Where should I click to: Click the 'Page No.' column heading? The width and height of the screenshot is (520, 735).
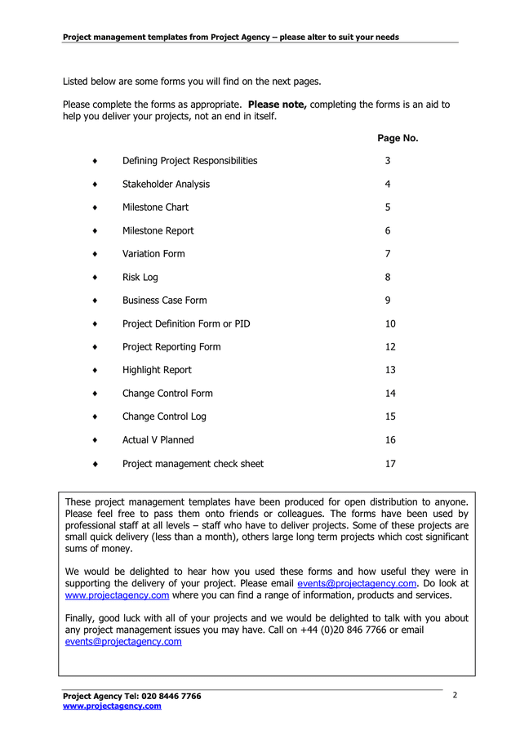coord(398,138)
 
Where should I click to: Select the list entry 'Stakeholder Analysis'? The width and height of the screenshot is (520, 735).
coord(166,185)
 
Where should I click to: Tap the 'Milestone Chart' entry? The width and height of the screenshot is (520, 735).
coord(155,207)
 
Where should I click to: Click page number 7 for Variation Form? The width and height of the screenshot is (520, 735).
coord(388,254)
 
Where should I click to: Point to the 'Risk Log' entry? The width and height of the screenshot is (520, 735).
coord(140,278)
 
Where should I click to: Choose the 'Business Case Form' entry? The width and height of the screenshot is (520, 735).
coord(164,301)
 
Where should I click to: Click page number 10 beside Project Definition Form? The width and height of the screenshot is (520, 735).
coord(390,324)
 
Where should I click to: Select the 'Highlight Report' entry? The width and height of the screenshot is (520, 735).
coord(157,370)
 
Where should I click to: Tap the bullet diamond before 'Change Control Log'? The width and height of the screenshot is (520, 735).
coord(96,417)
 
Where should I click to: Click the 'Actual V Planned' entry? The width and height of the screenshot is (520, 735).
coord(158,440)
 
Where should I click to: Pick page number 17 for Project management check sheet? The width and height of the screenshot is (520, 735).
coord(390,464)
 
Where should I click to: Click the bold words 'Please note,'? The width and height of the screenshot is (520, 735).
coord(277,105)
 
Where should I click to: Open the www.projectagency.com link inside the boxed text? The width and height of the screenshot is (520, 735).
coord(117,595)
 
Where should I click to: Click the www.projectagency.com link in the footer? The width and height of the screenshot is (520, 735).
coord(112,706)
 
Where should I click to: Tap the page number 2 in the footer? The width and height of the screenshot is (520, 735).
coord(455,695)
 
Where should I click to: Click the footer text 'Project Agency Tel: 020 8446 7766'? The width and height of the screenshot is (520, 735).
coord(131,696)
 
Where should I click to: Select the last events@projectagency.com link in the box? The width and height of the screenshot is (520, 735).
coord(122,642)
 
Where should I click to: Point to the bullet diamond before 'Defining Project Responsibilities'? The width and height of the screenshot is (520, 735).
coord(96,161)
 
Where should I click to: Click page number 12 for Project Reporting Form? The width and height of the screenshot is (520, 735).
coord(390,347)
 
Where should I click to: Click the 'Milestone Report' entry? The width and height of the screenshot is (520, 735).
coord(158,231)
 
